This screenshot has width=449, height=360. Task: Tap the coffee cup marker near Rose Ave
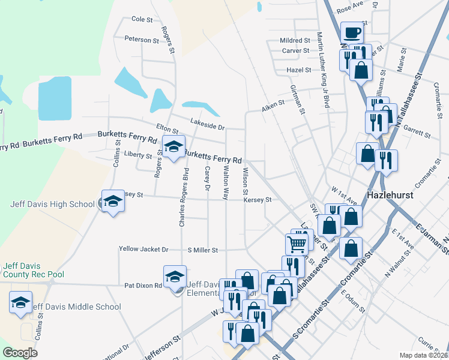[352, 32]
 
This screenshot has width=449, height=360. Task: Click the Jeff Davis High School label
[53, 204]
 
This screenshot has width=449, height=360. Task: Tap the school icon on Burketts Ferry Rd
[173, 146]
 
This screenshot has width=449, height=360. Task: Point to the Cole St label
[142, 19]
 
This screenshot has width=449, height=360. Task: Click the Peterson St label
[141, 40]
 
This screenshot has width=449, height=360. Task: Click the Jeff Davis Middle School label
[76, 307]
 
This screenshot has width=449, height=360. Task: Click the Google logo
[20, 353]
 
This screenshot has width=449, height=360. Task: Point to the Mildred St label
[294, 40]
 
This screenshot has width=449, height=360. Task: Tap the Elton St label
[167, 129]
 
